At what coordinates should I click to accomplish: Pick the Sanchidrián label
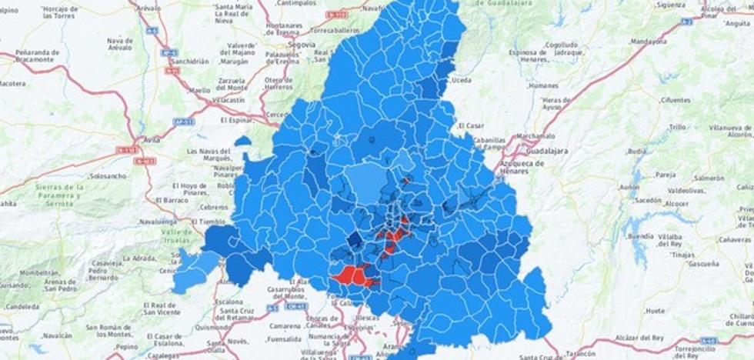point(189,61)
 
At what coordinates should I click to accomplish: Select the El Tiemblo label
point(213,221)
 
